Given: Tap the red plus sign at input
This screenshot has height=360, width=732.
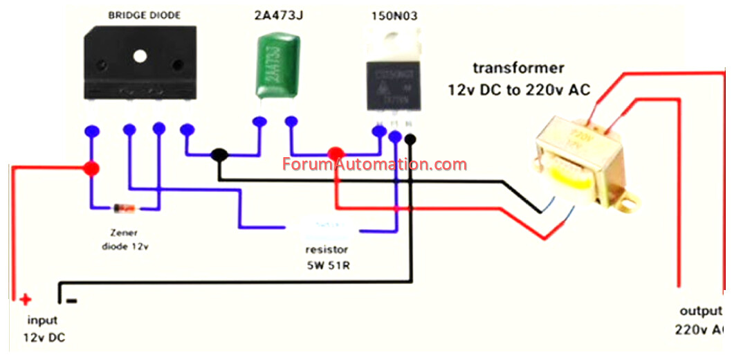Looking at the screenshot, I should tap(26, 300).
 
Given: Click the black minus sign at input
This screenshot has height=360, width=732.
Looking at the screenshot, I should tap(71, 300).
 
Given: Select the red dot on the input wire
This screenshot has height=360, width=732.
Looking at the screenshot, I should tap(91, 168).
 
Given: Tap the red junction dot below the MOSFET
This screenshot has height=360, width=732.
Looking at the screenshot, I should tap(336, 154).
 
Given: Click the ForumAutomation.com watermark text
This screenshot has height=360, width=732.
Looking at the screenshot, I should tap(374, 165).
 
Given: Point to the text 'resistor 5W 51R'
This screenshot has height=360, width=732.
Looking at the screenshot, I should tap(327, 257).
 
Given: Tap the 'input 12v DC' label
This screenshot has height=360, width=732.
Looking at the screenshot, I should tap(43, 330).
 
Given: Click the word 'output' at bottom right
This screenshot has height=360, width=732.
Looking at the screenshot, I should tap(699, 311).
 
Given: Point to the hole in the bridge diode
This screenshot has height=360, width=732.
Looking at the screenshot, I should tap(140, 56).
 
